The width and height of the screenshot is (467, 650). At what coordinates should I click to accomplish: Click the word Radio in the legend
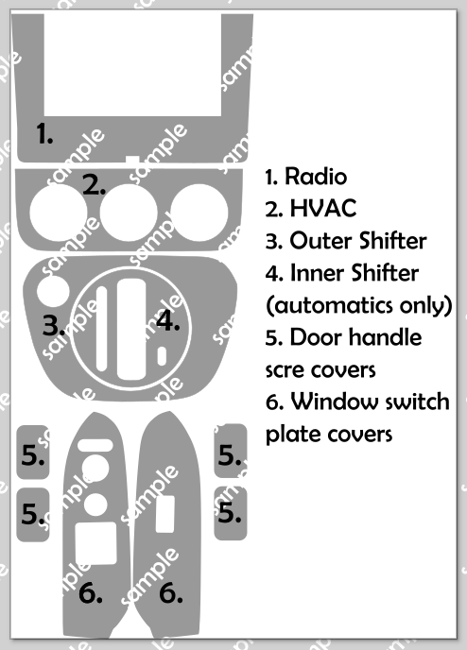coord(316,176)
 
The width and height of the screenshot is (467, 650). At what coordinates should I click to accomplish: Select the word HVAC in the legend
coord(323,208)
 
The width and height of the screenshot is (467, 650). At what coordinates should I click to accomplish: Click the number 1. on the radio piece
coord(44,133)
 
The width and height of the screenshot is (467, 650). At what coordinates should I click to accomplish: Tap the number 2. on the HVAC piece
coord(95,185)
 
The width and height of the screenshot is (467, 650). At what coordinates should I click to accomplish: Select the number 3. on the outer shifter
coord(54,325)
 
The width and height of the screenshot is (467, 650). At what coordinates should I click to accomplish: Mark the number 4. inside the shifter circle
coord(168,320)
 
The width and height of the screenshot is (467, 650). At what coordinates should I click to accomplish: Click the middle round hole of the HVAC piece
coord(129,213)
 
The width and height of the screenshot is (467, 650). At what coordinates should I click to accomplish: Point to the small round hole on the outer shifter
coord(53,291)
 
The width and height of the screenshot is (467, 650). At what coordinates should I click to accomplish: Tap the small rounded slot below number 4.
coord(162,356)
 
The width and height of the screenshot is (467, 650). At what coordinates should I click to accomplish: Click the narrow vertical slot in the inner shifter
coord(101,329)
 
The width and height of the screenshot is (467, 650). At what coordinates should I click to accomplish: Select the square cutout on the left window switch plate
coord(95,543)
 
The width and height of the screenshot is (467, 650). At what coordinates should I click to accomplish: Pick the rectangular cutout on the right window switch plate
coord(165,514)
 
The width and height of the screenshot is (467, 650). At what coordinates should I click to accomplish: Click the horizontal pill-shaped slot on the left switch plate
coord(95,445)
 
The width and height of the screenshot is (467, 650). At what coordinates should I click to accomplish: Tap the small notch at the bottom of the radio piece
coord(132,159)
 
